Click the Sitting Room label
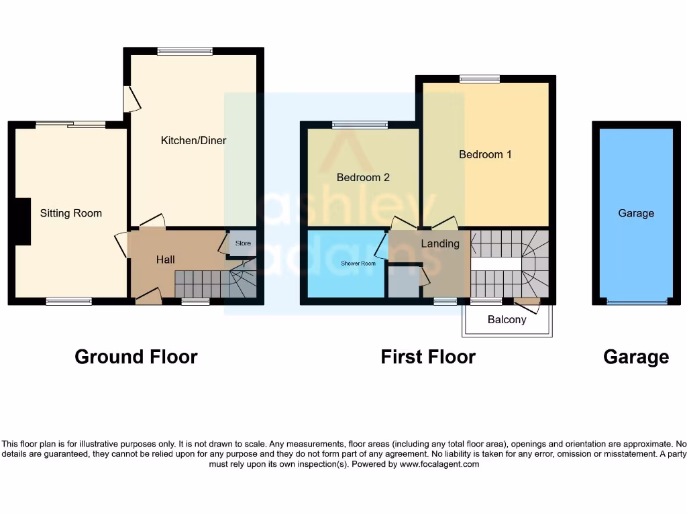(x=70, y=213)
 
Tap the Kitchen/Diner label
(x=193, y=141)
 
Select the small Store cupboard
(x=242, y=243)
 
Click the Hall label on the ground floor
(x=165, y=260)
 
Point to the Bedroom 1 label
(x=485, y=154)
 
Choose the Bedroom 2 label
(x=363, y=178)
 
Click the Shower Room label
(x=358, y=264)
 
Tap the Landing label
(x=440, y=243)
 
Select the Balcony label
(x=507, y=320)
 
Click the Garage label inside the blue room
(x=635, y=213)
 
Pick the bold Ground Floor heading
(x=136, y=357)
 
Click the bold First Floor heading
(x=428, y=357)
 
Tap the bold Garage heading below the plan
(x=635, y=357)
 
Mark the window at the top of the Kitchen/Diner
(x=184, y=51)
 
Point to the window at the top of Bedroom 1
(x=480, y=79)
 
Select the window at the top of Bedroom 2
(x=360, y=125)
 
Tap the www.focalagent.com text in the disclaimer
(x=439, y=464)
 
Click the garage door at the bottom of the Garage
(x=636, y=302)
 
